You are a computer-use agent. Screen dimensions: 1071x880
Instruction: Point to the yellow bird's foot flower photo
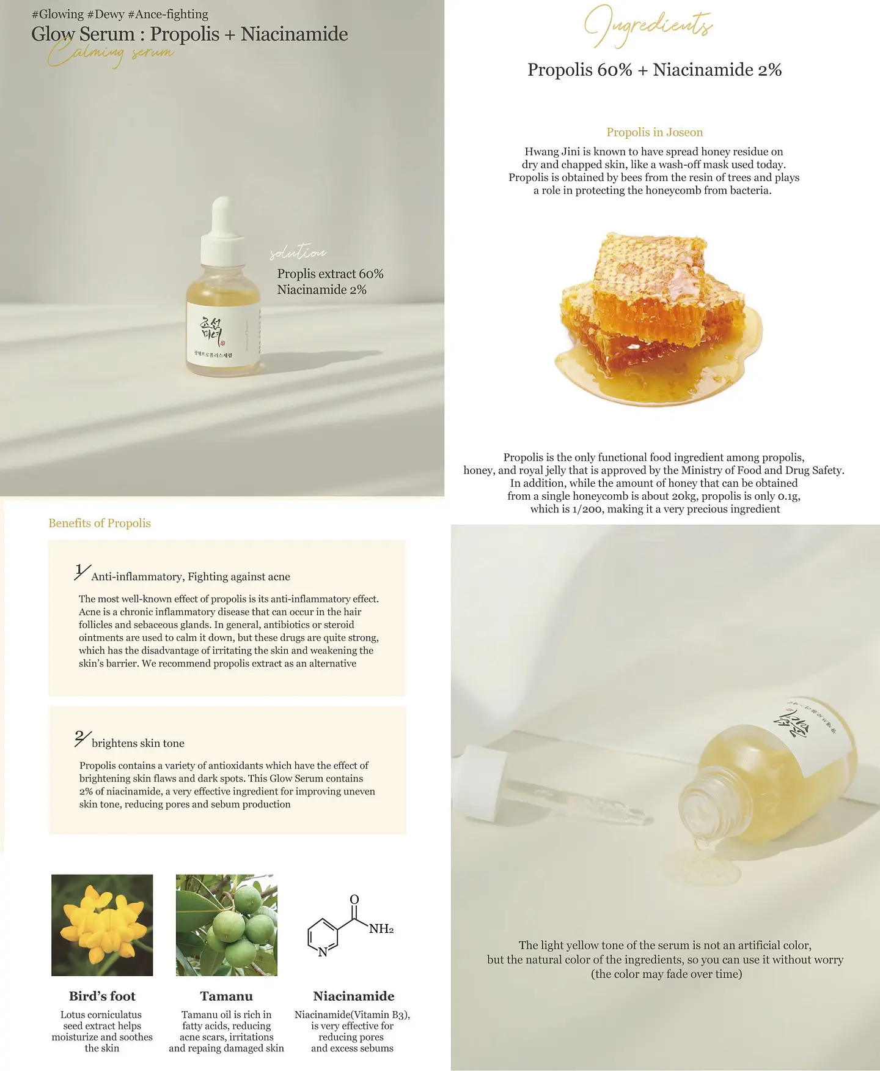(x=102, y=925)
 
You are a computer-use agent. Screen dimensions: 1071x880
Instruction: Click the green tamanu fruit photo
(x=226, y=925)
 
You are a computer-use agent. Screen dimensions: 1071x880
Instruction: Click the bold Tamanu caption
(x=226, y=996)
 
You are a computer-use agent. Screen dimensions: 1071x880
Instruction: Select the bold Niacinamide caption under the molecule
(x=353, y=996)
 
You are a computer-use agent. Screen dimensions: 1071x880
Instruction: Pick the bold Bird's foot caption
(x=102, y=996)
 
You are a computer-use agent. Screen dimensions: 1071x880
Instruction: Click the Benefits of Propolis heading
(x=100, y=523)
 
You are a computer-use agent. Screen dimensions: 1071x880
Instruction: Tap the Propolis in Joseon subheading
(x=654, y=132)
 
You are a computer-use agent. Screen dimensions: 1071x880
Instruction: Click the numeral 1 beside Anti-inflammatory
(x=79, y=571)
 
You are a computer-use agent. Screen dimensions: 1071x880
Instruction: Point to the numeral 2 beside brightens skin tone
(x=79, y=737)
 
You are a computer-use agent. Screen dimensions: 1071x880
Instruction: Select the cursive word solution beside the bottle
(x=298, y=253)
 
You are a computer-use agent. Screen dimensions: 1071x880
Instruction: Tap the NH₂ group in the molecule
(x=381, y=929)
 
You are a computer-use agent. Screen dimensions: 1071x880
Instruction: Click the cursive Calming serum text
(x=110, y=54)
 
